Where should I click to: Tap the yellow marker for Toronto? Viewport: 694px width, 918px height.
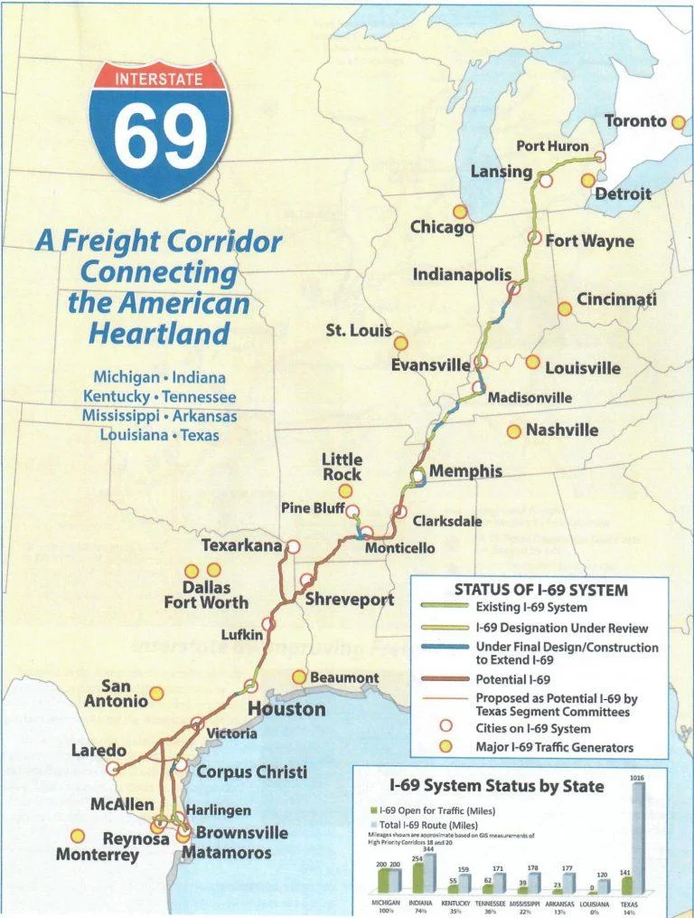678,122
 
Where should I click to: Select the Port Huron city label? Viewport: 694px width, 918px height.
552,147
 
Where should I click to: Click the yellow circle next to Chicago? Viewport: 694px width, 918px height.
460,212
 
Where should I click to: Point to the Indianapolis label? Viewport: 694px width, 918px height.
463,274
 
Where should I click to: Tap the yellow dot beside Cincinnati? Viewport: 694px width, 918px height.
565,308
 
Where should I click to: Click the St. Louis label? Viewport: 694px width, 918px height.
359,331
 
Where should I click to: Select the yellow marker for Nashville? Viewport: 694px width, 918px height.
513,431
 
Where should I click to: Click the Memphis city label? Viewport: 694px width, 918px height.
465,471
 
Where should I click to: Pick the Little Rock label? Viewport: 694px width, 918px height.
342,468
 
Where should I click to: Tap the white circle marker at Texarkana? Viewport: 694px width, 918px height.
292,546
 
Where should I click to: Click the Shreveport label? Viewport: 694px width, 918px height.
349,600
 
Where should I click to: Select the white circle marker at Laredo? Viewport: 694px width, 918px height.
113,768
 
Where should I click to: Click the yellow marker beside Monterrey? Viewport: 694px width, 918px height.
78,836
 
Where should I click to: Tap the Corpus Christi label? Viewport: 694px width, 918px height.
252,771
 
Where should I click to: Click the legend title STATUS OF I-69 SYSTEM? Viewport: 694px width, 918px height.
540,590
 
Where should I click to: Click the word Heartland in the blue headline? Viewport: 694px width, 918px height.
159,333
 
